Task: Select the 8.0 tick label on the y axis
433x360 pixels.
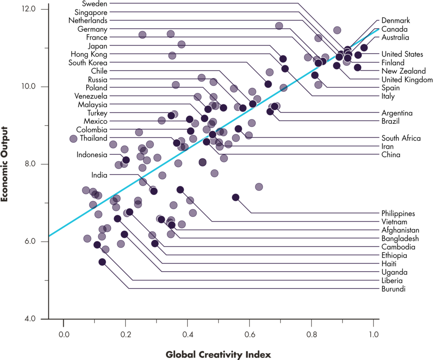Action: pos(30,164)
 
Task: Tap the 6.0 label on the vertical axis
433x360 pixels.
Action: pos(30,241)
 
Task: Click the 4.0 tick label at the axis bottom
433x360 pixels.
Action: pos(30,319)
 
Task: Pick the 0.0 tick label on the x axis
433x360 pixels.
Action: pos(63,335)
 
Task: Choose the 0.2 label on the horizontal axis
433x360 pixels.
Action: pos(125,335)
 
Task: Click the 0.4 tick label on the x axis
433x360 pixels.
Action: pos(187,335)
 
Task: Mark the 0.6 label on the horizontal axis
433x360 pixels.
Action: pos(249,335)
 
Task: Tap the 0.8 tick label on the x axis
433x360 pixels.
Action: pos(312,335)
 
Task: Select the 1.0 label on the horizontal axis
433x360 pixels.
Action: pos(373,335)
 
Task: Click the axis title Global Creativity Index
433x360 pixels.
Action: pos(218,354)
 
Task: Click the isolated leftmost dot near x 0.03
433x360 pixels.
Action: pos(73,139)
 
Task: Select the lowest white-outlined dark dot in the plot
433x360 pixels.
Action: pos(102,262)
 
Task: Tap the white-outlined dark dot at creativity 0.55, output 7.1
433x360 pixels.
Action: pos(236,197)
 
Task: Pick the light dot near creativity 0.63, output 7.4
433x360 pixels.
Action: pos(259,187)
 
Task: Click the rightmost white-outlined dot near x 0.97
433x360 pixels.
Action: pos(364,48)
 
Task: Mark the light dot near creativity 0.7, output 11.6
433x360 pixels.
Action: pos(279,26)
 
